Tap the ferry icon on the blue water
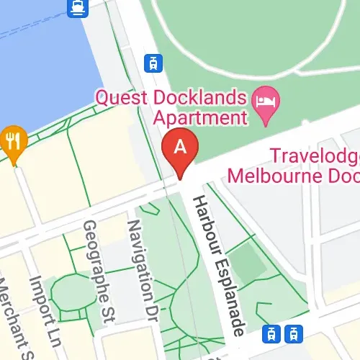click(76, 8)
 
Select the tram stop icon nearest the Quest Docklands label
click(152, 63)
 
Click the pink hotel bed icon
click(269, 99)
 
